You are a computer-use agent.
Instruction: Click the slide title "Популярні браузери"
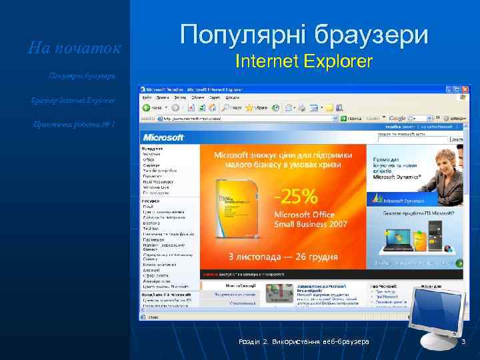pos(304,33)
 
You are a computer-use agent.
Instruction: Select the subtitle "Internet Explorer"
pos(304,62)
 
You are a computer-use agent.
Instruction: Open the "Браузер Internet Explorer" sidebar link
pos(73,100)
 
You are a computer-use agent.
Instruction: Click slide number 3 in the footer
pos(464,342)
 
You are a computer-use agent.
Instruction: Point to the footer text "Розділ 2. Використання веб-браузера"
pos(304,342)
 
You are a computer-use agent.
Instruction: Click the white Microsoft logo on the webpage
pos(163,137)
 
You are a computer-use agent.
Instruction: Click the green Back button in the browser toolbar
pos(146,107)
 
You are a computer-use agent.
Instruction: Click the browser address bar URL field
pos(247,119)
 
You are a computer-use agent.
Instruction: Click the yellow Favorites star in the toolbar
pos(249,107)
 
